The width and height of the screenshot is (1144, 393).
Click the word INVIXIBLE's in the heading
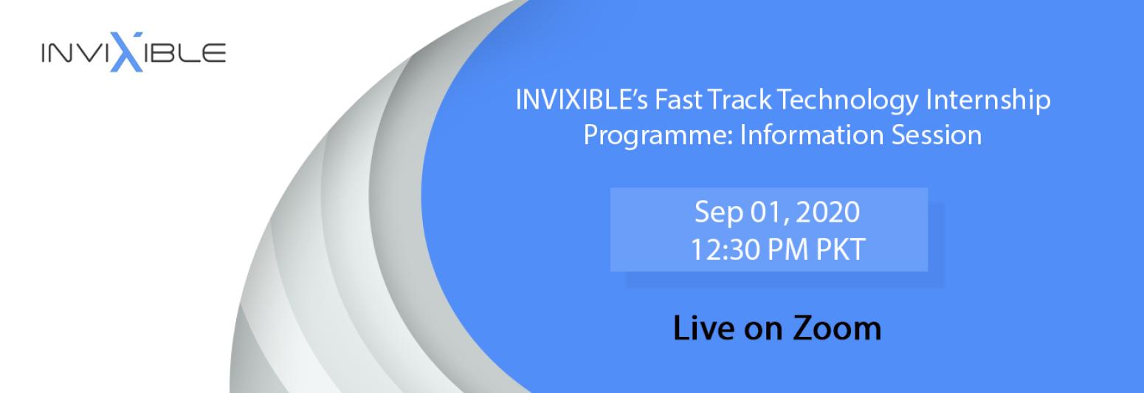582,99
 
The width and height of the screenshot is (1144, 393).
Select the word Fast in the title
678,99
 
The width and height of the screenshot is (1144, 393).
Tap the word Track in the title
740,99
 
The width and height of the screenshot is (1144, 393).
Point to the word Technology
848,100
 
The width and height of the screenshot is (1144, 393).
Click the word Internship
988,100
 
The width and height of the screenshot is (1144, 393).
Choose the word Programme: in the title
659,136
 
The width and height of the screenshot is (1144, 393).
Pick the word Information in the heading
812,135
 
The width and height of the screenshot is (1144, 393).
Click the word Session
937,135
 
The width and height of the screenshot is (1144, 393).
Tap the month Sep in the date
719,213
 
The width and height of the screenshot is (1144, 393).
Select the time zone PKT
840,250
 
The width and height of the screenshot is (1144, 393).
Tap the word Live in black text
704,327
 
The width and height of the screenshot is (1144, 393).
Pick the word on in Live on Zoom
763,331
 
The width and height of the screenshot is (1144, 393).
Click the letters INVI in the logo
75,53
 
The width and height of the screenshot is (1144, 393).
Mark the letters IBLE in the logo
185,53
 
